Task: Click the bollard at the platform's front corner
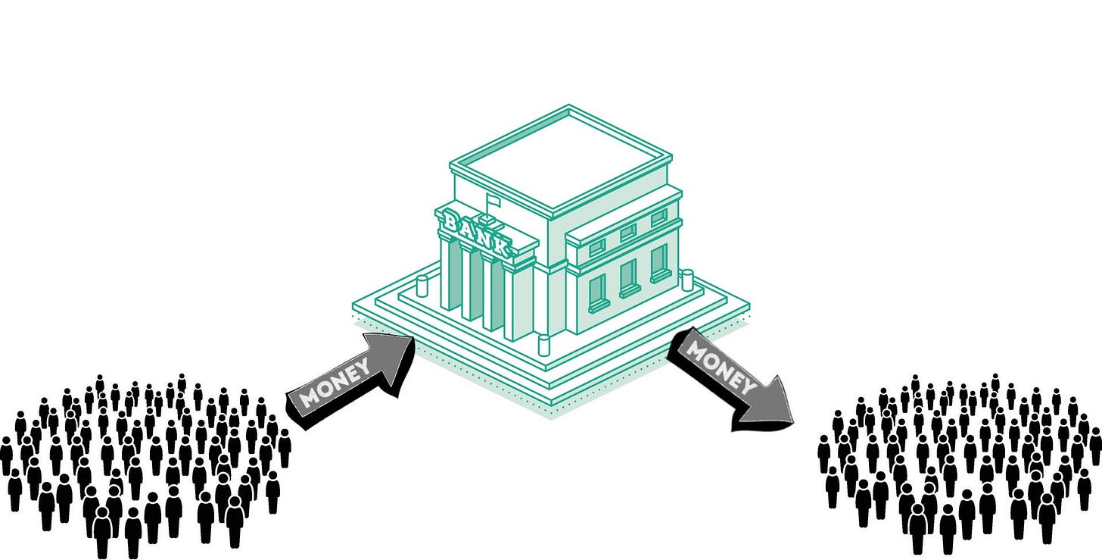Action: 543,346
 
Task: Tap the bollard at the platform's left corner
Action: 422,287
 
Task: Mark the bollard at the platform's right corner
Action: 686,280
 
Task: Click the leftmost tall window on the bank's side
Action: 598,292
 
